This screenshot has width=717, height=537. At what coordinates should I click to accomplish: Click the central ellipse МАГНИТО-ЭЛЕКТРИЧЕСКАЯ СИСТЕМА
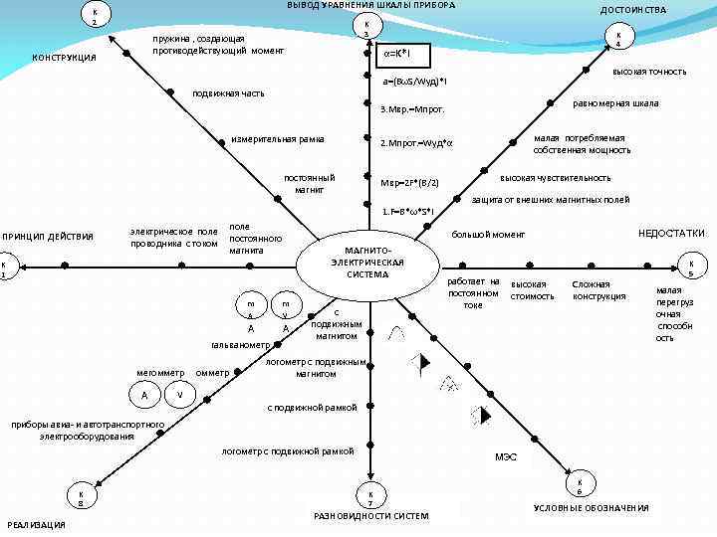click(x=367, y=261)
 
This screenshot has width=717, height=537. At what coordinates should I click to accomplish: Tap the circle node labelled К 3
click(x=366, y=29)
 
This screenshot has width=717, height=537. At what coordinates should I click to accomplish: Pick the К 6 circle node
click(x=579, y=485)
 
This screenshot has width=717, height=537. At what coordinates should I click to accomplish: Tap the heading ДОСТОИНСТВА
click(x=633, y=9)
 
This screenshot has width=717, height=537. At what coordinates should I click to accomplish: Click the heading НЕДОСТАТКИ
click(x=671, y=233)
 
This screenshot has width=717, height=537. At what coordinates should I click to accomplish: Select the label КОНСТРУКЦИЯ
click(x=65, y=57)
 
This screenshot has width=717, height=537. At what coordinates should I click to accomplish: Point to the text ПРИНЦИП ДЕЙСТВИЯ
click(x=48, y=236)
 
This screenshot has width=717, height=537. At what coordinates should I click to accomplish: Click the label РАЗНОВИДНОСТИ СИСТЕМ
click(x=370, y=516)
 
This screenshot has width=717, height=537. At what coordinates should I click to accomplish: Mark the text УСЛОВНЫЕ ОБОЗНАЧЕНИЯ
click(x=591, y=508)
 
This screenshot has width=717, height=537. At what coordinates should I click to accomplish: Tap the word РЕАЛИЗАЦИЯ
click(x=36, y=524)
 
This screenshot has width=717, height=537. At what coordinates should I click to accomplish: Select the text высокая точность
click(x=648, y=71)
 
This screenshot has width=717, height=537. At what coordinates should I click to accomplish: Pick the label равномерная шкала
click(x=615, y=103)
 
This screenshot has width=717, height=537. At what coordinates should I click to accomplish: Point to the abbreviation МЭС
click(x=506, y=457)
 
